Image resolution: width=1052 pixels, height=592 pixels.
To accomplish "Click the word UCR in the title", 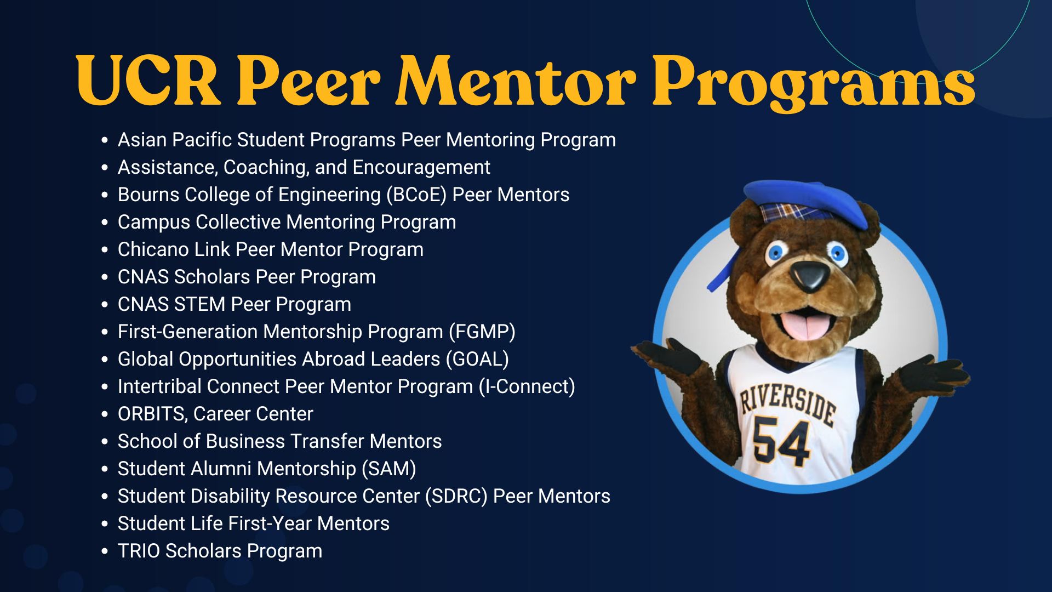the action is click(148, 81).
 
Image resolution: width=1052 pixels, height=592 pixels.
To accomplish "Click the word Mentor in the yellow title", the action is click(516, 81).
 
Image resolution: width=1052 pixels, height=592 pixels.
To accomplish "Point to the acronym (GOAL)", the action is click(477, 359).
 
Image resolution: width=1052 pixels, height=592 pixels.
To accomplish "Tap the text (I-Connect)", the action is click(527, 386).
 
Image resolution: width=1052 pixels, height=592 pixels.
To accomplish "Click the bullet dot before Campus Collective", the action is click(105, 223).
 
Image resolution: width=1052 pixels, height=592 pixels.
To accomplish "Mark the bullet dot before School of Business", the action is click(105, 442).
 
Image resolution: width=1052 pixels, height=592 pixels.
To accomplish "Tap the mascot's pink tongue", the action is click(804, 326).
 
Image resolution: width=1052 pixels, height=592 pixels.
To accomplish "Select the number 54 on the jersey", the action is click(781, 441).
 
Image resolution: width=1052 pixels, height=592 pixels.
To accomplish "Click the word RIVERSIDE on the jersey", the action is click(787, 405).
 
